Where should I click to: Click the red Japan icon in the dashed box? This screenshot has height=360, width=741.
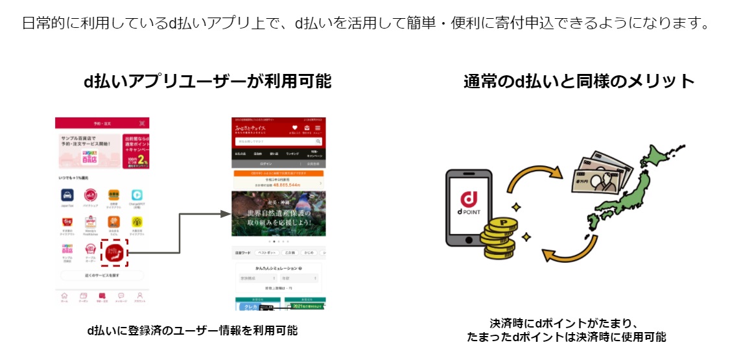(x=115, y=252)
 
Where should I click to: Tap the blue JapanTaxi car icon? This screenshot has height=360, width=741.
(x=66, y=195)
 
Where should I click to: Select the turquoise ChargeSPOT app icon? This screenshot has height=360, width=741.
(x=137, y=195)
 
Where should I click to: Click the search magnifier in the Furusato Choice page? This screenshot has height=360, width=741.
(x=318, y=141)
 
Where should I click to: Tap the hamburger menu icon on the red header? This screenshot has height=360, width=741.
(x=318, y=128)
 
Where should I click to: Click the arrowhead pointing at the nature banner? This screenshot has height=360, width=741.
(x=226, y=213)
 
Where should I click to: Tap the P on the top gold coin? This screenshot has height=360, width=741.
(x=500, y=222)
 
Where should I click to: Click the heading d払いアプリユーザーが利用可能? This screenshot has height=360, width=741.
(x=207, y=82)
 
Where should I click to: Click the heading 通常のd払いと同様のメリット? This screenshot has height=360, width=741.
(x=579, y=82)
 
